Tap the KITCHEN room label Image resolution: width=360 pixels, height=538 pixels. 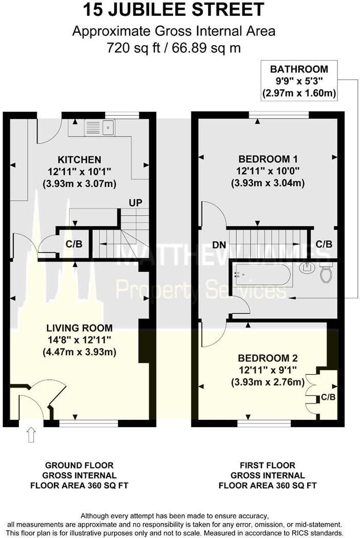coord(79,160)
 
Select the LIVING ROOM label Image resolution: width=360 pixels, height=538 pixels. coord(79,328)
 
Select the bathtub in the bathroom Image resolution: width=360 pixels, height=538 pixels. coord(262,275)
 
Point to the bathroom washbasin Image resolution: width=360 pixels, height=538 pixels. coord(308,267)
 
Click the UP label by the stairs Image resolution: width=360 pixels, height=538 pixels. coord(136,203)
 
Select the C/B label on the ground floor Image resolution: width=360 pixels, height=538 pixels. coord(74,244)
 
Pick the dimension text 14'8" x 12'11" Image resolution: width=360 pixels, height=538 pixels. coord(79,340)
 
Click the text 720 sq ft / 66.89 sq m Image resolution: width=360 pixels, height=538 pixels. coord(174,48)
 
